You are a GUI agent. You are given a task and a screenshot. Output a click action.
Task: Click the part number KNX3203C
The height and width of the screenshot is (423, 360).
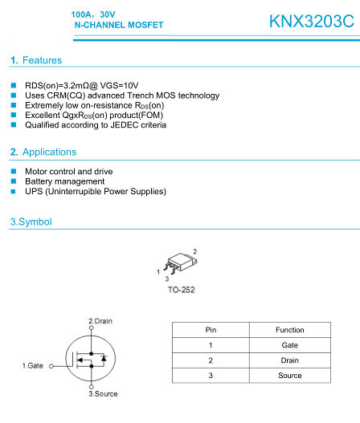coord(311,22)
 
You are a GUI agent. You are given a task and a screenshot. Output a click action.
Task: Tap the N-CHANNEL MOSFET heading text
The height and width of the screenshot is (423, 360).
coord(118,26)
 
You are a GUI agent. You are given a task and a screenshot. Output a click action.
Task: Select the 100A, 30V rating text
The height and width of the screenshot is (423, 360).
coord(94,14)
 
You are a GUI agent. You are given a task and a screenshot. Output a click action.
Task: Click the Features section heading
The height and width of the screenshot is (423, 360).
coord(35,60)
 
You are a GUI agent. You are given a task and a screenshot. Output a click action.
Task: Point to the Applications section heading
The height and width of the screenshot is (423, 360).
coord(43,152)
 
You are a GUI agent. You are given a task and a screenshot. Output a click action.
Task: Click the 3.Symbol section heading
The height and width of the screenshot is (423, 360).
coord(31,221)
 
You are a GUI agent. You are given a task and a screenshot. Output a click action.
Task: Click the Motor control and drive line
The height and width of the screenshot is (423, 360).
coord(68,171)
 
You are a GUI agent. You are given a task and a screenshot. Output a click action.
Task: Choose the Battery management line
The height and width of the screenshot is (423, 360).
coord(64,181)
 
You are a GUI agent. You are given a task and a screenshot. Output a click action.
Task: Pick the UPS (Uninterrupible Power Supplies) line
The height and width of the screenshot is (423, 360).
coord(95,191)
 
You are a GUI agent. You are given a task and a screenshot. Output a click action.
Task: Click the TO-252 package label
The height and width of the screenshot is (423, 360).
coord(181,289)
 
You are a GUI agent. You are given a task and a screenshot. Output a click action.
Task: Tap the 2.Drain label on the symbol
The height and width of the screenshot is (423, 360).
coord(100,321)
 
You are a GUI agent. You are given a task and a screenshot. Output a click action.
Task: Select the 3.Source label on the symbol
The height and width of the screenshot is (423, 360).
coord(103,394)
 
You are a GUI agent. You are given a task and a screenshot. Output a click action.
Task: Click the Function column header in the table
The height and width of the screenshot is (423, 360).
coord(289,330)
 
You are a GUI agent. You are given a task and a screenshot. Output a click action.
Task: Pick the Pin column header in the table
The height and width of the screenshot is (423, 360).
coord(211,330)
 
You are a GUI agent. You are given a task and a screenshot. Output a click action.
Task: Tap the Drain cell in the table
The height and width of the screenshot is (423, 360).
coord(289,360)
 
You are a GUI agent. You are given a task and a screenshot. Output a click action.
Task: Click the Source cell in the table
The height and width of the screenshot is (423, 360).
coord(289,375)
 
